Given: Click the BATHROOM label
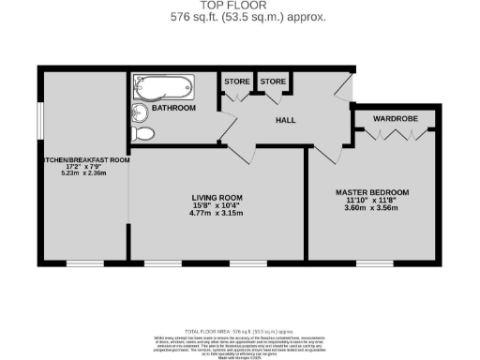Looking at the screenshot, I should (174, 109).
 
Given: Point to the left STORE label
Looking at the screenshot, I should (236, 82).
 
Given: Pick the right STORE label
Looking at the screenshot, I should (273, 82).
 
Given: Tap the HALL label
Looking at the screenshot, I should (287, 121).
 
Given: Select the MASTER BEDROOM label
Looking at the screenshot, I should (372, 193).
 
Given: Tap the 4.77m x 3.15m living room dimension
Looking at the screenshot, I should (217, 214).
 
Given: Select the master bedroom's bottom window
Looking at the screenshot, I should (373, 261).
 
